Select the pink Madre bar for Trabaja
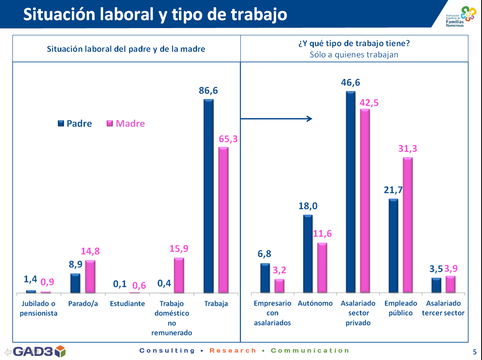[x=223, y=220]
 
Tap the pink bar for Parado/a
[x=90, y=277]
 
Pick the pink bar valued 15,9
[x=179, y=275]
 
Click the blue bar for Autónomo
[x=308, y=254]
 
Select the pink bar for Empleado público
[x=408, y=225]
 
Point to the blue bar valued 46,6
[x=350, y=192]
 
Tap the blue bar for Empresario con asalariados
[x=265, y=278]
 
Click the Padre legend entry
[x=75, y=124]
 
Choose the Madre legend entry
[x=126, y=124]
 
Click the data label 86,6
[x=208, y=91]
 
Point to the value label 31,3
[x=408, y=149]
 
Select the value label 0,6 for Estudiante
[x=139, y=285]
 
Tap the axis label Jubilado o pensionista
[x=39, y=308]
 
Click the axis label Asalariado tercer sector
[x=443, y=308]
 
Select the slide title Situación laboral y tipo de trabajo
[x=155, y=14]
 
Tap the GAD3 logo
[x=39, y=352]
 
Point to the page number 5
[x=474, y=352]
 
